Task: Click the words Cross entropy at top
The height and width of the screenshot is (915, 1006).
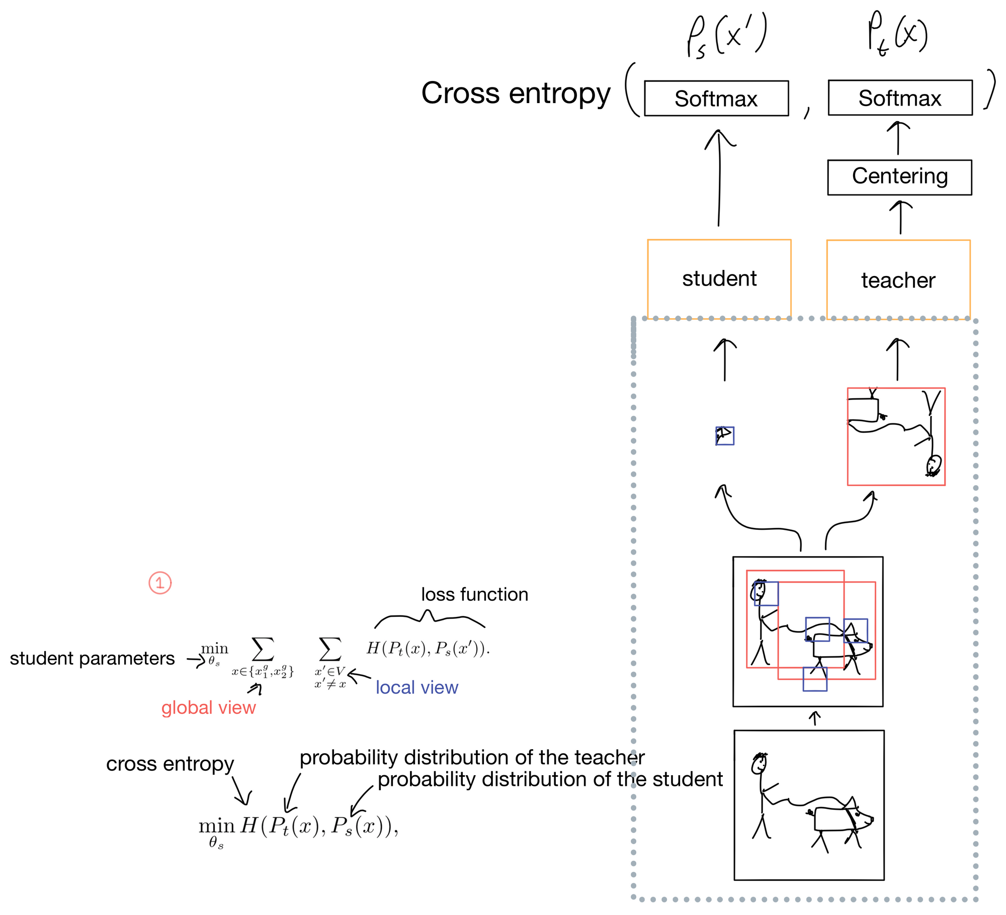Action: pos(516,94)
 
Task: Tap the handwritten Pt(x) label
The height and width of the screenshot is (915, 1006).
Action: pos(897,33)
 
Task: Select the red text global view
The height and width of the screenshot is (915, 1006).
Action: pos(208,707)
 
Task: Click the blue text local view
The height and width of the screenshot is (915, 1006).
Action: pos(417,687)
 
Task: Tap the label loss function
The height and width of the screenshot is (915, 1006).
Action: pos(474,594)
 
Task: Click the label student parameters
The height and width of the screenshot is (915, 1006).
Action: pos(92,658)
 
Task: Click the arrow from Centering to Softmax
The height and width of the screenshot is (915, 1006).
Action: pos(898,138)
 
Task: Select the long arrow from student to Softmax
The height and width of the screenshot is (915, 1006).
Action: pos(719,178)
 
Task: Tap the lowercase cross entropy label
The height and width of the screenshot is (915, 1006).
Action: pos(170,764)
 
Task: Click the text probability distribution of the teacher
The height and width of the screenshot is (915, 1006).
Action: pos(472,757)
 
